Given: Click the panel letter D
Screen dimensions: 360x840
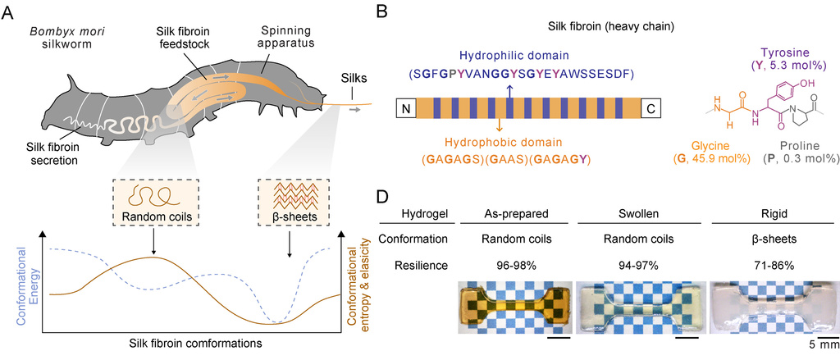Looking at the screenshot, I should click(x=382, y=197).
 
